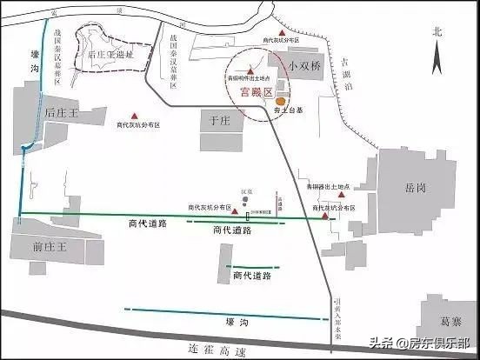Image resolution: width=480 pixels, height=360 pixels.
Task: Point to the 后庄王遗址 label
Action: pyautogui.click(x=111, y=53)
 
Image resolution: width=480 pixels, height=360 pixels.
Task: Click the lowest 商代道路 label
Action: pyautogui.click(x=252, y=276)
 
